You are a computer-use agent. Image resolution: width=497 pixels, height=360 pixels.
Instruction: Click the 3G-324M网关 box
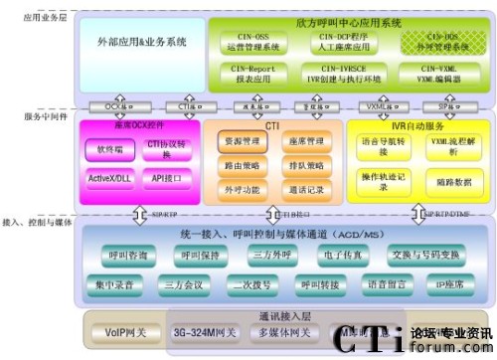(206, 331)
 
